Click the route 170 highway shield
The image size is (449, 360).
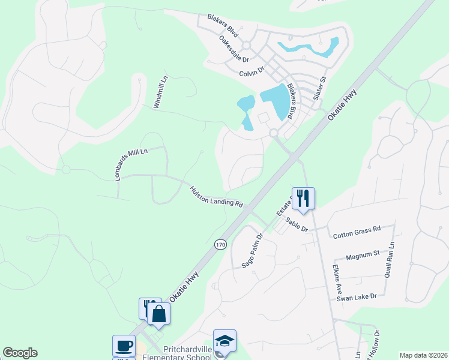[x=220, y=245]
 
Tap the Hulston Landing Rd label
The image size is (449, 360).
[x=216, y=196]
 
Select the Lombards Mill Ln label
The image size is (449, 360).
[x=128, y=158]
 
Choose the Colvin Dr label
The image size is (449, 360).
[x=252, y=72]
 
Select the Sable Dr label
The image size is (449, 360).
[x=296, y=225]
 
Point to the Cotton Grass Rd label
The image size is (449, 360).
[x=357, y=229]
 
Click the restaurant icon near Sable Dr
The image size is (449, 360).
[x=303, y=199]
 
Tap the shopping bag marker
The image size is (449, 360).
[x=158, y=314]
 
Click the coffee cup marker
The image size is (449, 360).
[x=124, y=346]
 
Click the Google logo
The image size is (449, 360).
[x=20, y=353]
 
